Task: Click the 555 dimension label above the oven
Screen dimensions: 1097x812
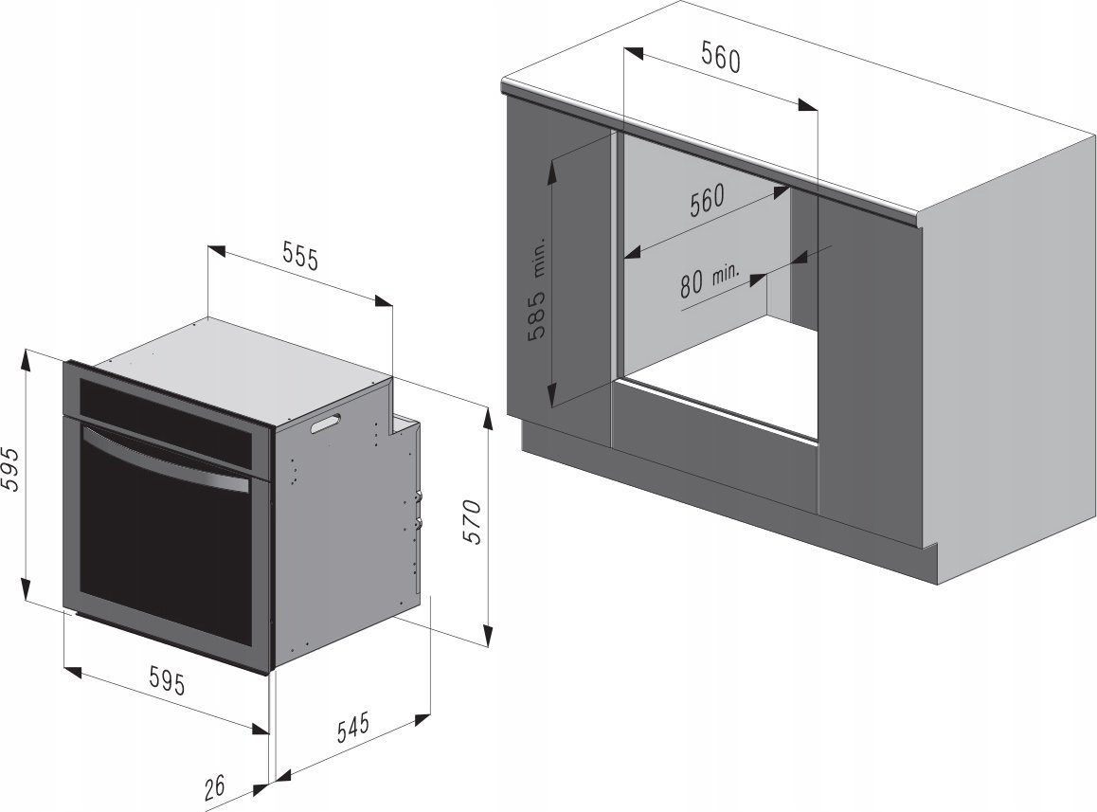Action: pyautogui.click(x=300, y=257)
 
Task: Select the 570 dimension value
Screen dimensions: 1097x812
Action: pyautogui.click(x=473, y=522)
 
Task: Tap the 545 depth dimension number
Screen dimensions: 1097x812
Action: pyautogui.click(x=352, y=728)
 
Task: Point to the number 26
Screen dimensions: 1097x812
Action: pyautogui.click(x=215, y=786)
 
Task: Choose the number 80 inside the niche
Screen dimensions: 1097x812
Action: pyautogui.click(x=691, y=283)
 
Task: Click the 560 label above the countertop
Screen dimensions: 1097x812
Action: pyautogui.click(x=721, y=59)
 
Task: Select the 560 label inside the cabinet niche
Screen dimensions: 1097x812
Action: pyautogui.click(x=707, y=200)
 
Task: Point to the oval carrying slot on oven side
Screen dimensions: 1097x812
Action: pyautogui.click(x=325, y=424)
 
